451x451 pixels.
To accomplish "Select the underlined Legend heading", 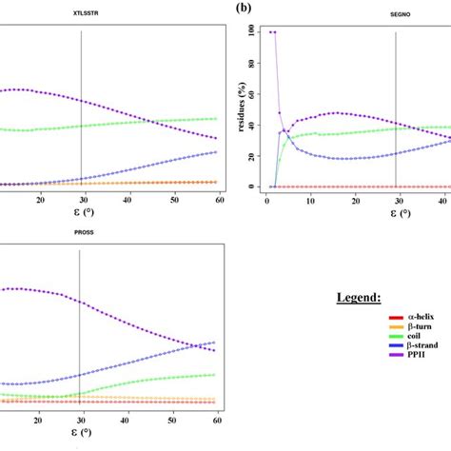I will pyautogui.click(x=360, y=298).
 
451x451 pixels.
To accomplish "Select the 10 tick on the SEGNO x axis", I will pyautogui.click(x=310, y=200).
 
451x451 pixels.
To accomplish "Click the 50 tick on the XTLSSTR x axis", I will pyautogui.click(x=173, y=200).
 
